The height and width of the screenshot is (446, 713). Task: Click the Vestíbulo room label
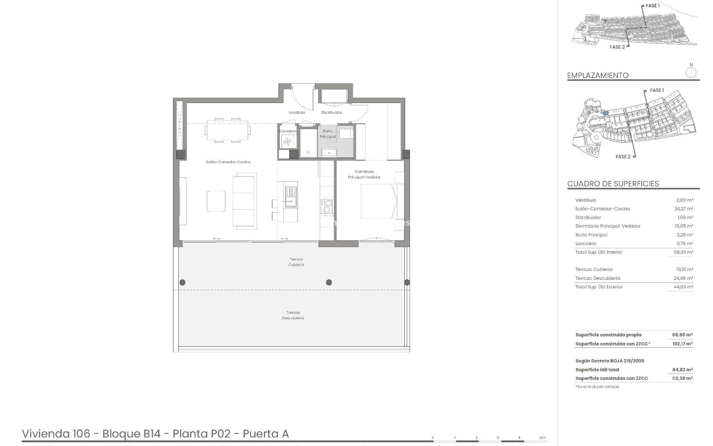tap(297, 112)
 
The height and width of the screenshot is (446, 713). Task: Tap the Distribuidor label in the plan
tap(331, 112)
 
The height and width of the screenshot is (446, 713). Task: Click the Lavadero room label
tap(288, 131)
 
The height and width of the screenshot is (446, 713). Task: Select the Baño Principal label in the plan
tap(328, 134)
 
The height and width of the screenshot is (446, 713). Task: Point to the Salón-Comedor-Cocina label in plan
tap(228, 162)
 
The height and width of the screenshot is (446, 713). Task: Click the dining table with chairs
tap(227, 130)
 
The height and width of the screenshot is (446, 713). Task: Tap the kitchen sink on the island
tap(290, 197)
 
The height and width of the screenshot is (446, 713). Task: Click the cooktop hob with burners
tap(327, 207)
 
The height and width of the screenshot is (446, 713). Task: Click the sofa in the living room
tap(244, 201)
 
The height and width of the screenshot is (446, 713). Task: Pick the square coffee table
tap(216, 201)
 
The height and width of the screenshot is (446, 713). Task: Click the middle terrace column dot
tap(329, 282)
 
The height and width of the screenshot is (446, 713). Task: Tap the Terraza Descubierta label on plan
tap(293, 315)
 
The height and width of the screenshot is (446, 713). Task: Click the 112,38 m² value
tap(682, 378)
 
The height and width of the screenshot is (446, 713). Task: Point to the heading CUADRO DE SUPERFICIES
tap(613, 184)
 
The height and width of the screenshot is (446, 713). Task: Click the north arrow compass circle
tap(691, 73)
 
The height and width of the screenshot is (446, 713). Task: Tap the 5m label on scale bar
tap(543, 437)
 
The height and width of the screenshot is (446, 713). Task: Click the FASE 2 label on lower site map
tap(623, 157)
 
